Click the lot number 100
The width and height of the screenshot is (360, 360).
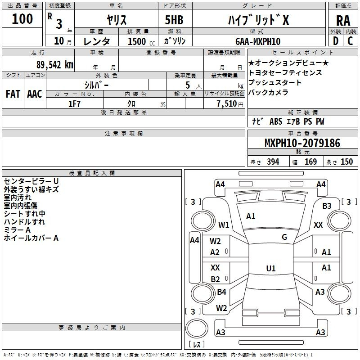[x=22, y=19]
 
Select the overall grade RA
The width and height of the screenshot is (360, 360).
[x=343, y=20]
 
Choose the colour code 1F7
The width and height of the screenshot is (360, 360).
[x=74, y=103]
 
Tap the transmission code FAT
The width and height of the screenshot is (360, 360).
[x=13, y=94]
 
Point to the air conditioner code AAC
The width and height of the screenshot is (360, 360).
[x=35, y=94]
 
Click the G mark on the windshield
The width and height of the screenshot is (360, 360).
[x=284, y=237]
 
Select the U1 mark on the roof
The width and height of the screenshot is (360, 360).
[x=271, y=269]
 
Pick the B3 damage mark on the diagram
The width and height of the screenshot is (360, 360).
[x=327, y=206]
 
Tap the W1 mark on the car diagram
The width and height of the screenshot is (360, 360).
[x=224, y=225]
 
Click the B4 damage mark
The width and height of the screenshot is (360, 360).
[x=221, y=292]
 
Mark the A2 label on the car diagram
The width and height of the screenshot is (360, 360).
[x=215, y=252]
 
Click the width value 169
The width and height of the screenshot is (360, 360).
[x=310, y=162]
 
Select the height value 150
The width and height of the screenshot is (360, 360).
[x=346, y=162]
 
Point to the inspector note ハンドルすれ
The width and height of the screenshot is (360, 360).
[x=24, y=222]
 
